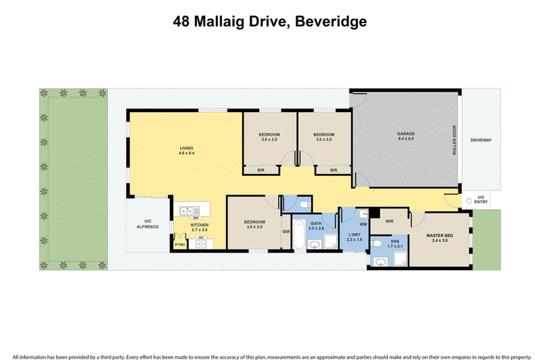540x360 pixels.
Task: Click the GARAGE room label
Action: click(406, 134)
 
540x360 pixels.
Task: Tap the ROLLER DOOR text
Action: click(454, 140)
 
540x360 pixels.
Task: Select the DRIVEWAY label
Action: click(481, 140)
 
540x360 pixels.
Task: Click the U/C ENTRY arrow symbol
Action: click(468, 201)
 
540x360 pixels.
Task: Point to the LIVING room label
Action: click(187, 148)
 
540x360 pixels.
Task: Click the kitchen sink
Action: click(190, 210)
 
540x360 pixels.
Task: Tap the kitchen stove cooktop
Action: click(200, 244)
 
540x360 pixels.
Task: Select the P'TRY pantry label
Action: click(180, 245)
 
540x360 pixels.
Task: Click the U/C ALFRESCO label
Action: click(148, 224)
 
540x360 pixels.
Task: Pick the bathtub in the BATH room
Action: click(299, 234)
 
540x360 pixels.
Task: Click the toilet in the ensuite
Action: click(377, 244)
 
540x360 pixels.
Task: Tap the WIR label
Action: click(389, 221)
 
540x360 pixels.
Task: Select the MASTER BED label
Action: click(440, 236)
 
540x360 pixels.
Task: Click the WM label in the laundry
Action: click(363, 224)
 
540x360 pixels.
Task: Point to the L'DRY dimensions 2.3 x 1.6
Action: click(354, 239)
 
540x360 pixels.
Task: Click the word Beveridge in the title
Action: click(331, 22)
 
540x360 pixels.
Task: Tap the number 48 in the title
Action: click(182, 22)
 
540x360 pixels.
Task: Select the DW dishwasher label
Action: click(195, 217)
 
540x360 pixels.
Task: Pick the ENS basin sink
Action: click(381, 262)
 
